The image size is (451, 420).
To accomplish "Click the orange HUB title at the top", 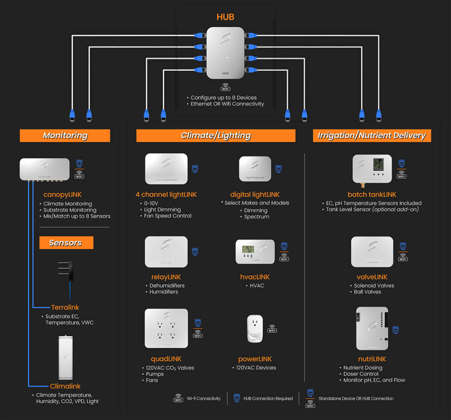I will tap(225, 17).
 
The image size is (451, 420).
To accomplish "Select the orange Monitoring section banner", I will tap(65, 135).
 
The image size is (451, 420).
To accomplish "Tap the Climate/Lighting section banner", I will tap(216, 135).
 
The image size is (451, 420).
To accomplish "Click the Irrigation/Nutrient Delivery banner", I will tap(372, 135).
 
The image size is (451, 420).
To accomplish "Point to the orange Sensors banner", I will tap(66, 243).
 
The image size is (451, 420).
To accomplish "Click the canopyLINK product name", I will tap(62, 194).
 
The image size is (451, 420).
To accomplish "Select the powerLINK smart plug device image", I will tap(255, 329).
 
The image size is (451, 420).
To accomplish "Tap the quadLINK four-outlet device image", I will tap(166, 328).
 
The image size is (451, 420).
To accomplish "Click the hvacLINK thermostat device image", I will tap(254, 252).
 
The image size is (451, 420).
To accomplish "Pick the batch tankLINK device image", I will tap(372, 168).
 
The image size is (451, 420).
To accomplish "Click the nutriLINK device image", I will tap(372, 329).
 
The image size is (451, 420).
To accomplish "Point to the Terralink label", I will tap(65, 307).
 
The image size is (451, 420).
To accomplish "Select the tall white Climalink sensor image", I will tap(66, 358).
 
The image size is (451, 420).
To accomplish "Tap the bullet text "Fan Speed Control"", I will tap(168, 216).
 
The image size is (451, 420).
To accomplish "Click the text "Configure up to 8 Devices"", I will tap(223, 97).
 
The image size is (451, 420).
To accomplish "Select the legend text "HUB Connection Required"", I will tap(268, 399).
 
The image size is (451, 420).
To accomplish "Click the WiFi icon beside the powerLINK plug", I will tap(272, 329).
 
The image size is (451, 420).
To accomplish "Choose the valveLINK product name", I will tap(372, 277).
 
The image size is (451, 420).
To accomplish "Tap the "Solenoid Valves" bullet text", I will tap(374, 285).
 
